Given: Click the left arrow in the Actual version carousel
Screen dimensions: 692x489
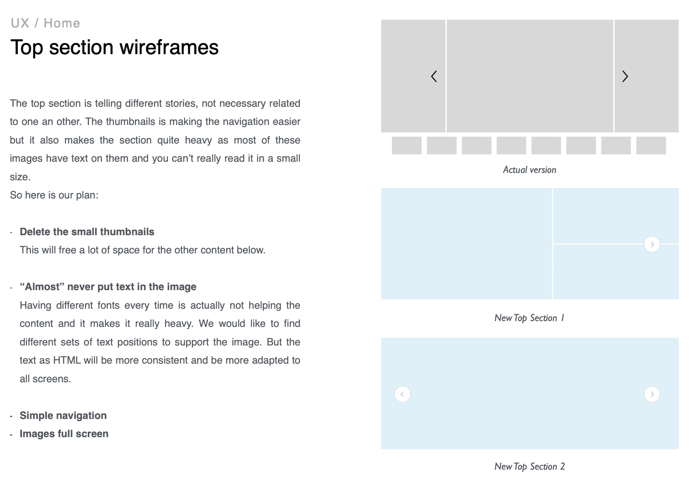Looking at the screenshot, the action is coord(434,77).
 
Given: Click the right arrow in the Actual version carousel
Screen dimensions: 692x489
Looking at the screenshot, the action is coord(625,77).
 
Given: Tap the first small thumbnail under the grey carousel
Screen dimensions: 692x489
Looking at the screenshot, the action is coord(407,145).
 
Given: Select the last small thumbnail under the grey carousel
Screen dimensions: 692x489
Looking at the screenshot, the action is coord(651,145).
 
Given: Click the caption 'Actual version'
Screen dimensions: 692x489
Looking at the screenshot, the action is coord(529,170).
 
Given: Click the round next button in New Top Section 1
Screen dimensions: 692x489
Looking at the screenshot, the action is coord(652,244).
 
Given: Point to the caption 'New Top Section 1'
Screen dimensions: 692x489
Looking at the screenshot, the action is coord(529,318).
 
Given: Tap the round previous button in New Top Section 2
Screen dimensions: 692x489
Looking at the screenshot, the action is coord(402,394).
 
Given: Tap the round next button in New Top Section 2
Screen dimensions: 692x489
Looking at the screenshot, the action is coord(652,394).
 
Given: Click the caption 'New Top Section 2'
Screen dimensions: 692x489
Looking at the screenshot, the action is coord(529,467).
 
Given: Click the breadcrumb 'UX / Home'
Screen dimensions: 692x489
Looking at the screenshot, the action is coord(45,23).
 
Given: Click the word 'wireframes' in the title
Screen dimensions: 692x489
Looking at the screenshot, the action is coord(169,48).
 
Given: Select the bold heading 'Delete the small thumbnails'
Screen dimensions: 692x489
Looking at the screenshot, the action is coord(87,232).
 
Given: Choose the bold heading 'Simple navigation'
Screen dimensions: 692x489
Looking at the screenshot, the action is coord(63,415).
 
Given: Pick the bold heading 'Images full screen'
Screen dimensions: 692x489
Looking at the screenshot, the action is coord(64,434).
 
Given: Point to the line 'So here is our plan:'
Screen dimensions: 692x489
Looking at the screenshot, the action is coord(54,195).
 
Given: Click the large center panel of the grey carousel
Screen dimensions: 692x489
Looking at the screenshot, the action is coord(530,76).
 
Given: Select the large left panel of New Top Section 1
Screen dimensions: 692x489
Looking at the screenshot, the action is coord(466,243).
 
